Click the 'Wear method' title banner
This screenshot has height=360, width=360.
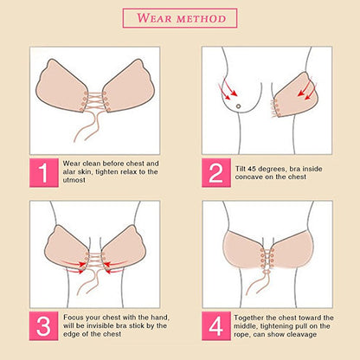[x=180, y=17]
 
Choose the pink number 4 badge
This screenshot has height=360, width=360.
[x=217, y=327]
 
